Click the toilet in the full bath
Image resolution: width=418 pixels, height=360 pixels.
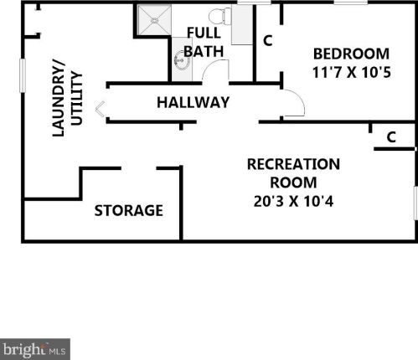coord(220,16)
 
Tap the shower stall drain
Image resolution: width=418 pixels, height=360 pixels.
coord(154,20)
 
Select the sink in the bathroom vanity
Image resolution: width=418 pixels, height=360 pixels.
coord(179,59)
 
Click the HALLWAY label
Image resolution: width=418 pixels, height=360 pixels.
coord(193,102)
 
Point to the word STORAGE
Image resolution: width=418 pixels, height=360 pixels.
coord(129,210)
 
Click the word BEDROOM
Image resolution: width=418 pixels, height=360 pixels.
coord(351,54)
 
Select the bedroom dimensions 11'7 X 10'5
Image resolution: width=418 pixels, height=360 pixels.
coord(351,73)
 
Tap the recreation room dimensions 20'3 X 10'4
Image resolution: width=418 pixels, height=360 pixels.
coord(293,201)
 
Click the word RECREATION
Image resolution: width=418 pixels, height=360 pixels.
coord(293,164)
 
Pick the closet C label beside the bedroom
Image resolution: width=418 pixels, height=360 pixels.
coord(268,41)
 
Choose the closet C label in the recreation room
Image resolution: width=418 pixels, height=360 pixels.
coord(391,137)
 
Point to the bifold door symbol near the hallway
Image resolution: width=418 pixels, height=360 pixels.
coord(100,109)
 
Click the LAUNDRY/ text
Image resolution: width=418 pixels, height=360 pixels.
coord(59,98)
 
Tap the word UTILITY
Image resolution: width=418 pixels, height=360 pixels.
coord(77,99)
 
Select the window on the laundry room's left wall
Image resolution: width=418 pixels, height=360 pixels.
coord(23,75)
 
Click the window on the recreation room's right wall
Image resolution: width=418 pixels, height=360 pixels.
coord(415,203)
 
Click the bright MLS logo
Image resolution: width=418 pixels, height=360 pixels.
coord(35,349)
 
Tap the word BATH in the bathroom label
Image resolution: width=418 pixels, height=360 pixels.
coord(204,51)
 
